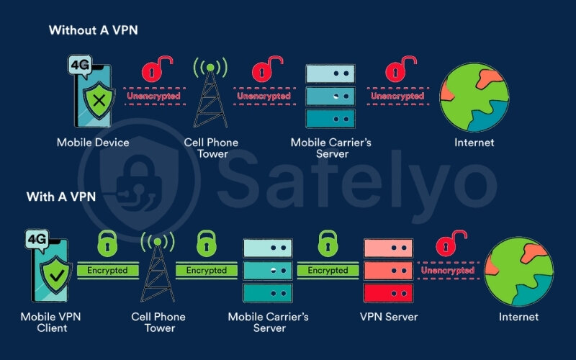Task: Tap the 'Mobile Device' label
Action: click(x=93, y=143)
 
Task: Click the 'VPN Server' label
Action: click(x=389, y=317)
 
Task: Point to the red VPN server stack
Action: click(x=389, y=271)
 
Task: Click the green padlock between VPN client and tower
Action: click(x=107, y=245)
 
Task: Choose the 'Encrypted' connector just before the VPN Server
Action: click(x=328, y=271)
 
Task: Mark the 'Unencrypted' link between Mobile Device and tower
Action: click(x=153, y=96)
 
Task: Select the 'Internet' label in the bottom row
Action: click(x=518, y=317)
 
